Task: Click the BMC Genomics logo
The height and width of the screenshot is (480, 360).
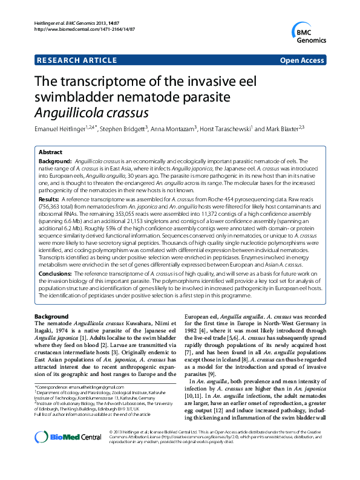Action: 310,34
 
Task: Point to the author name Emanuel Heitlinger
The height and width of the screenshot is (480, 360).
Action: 57,129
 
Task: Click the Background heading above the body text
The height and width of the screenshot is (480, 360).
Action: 51,317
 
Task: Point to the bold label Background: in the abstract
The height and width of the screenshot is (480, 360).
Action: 55,162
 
